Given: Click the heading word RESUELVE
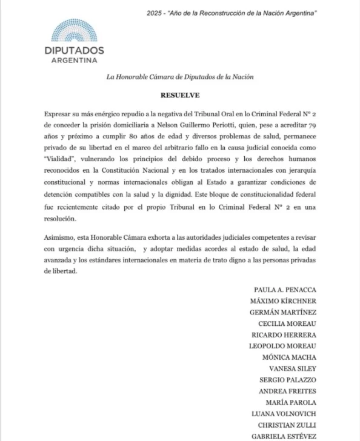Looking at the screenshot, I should [180, 95].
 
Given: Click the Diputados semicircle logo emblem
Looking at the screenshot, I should [75, 31].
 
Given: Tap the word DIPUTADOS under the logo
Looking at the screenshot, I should [75, 50].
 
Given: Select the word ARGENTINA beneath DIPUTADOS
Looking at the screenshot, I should [75, 61].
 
